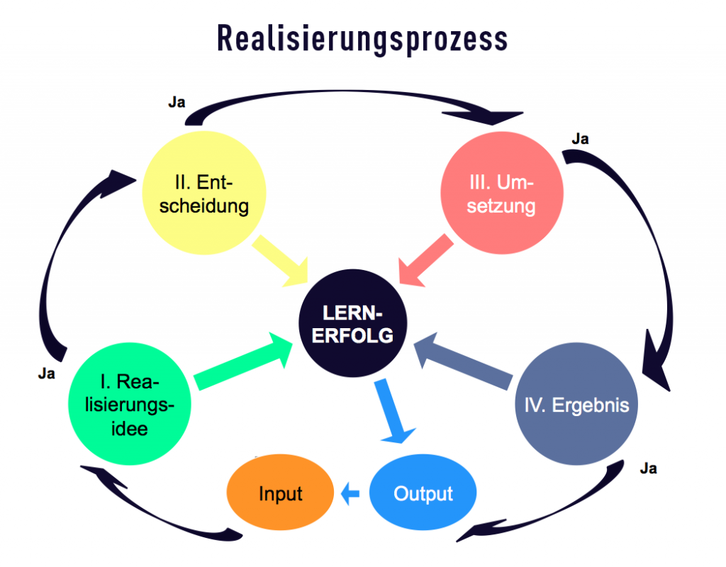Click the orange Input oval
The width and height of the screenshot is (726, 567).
[x=281, y=493]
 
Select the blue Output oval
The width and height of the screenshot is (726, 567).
[x=423, y=493]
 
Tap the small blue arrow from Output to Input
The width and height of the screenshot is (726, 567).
[x=350, y=493]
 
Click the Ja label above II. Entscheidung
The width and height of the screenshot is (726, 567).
[x=177, y=102]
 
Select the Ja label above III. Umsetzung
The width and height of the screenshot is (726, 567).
[x=579, y=139]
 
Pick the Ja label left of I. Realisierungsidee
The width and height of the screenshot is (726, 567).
[x=46, y=374]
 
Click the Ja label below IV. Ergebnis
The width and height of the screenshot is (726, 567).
[x=648, y=468]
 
